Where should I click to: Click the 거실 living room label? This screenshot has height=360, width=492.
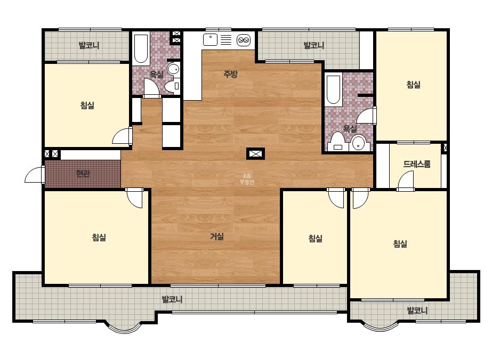coord(217,236)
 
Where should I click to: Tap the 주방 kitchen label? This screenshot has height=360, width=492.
coord(230,74)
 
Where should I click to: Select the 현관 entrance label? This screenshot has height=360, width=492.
coord(83,173)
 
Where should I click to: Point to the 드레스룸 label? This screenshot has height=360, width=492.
coord(417,163)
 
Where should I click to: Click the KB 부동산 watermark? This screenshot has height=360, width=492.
coord(247,179)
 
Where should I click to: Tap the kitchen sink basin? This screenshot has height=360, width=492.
coord(210,40)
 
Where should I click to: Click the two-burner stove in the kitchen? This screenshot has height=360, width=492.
coord(244,40)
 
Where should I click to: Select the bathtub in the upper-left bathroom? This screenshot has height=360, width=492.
coord(141,49)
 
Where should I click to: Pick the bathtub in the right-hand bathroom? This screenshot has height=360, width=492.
coord(334,89)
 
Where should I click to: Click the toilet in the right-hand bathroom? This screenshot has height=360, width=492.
coord(337,142)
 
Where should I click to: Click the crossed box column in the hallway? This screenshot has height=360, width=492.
coord(255,154)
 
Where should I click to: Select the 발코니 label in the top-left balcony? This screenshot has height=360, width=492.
coord(89,45)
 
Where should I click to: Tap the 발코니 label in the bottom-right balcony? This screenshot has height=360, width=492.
coord(417,310)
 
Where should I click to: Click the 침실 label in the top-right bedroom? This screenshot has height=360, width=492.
coord(413,84)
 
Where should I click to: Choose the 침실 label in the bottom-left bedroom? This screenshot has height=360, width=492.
coord(99,237)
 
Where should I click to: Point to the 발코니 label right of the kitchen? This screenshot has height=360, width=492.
coord(314,45)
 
